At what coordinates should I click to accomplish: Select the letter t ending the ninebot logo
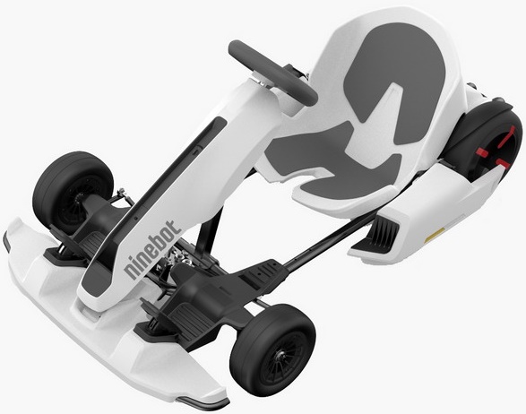(177, 223)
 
